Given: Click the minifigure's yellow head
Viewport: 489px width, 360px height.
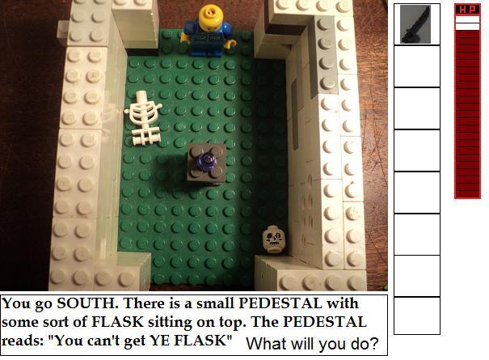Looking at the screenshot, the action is (209, 18).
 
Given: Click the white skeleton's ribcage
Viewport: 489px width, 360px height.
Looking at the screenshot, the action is (143, 110).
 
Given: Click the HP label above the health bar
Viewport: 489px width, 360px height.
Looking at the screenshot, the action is (467, 10).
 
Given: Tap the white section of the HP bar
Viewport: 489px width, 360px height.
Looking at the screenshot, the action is (467, 23).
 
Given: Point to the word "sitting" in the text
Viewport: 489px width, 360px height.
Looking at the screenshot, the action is (171, 323).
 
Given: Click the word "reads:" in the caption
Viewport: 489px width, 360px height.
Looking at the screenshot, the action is (22, 341).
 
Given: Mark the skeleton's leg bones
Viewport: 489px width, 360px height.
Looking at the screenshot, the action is (145, 134).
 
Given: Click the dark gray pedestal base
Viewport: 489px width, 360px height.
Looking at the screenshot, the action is (206, 163).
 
